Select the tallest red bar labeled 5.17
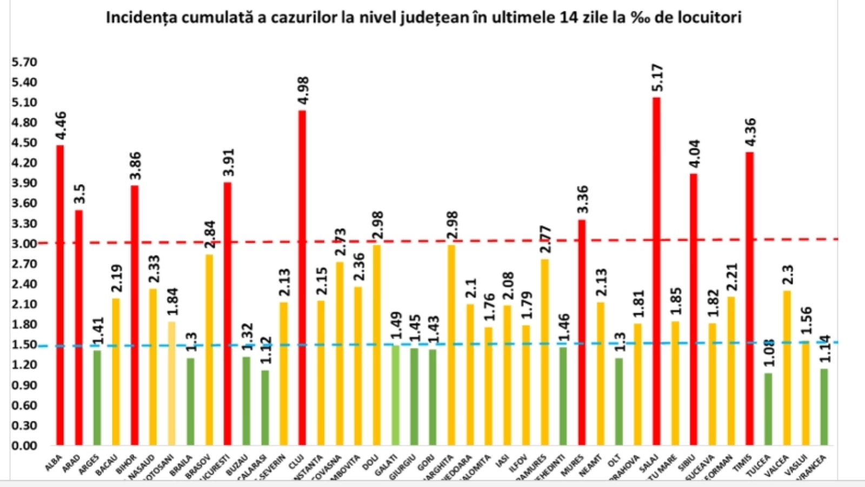coord(656,271)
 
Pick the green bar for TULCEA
coord(768,409)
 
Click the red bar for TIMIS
coord(749,298)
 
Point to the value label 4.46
coord(61,126)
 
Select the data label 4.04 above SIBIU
coord(694,154)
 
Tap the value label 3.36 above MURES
coord(582,200)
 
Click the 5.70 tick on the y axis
coord(24,62)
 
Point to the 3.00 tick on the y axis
coord(24,243)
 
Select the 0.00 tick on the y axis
coord(24,445)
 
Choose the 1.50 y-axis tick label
coord(24,345)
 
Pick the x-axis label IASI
coord(502,461)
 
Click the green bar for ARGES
coord(97,398)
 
